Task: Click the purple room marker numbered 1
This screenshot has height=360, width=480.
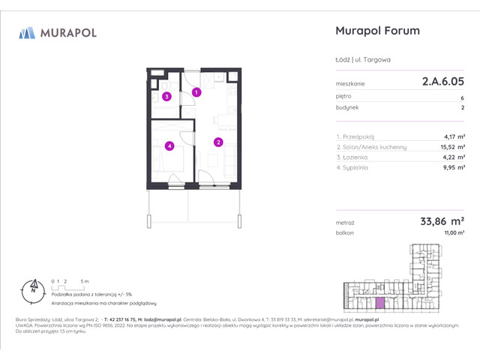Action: click(x=196, y=92)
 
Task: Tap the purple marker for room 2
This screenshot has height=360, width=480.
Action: click(x=218, y=142)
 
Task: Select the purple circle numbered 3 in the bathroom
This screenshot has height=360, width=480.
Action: click(x=168, y=96)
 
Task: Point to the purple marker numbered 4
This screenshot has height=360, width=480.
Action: click(x=170, y=145)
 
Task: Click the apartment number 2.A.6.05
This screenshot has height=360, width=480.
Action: click(x=439, y=83)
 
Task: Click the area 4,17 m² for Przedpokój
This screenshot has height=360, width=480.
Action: click(x=451, y=137)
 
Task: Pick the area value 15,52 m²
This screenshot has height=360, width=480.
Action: click(x=449, y=147)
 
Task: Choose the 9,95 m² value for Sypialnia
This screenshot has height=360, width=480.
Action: click(x=451, y=168)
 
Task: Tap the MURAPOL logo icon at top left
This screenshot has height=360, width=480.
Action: click(x=27, y=32)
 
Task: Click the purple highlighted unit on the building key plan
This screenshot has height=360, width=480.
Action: click(x=380, y=303)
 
